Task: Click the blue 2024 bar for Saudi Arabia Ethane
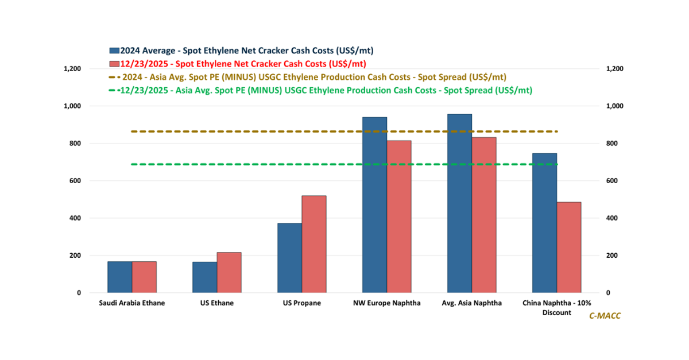(x=119, y=277)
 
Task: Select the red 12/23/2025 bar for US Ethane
(x=229, y=273)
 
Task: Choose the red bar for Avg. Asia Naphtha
(x=484, y=215)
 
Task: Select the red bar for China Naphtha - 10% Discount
(x=569, y=247)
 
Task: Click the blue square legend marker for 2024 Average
(x=114, y=51)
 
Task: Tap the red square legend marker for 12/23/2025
(x=114, y=64)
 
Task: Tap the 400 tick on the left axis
(x=75, y=218)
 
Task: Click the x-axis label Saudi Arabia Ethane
(x=132, y=303)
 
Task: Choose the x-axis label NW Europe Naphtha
(x=386, y=303)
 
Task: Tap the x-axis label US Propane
(x=302, y=303)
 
